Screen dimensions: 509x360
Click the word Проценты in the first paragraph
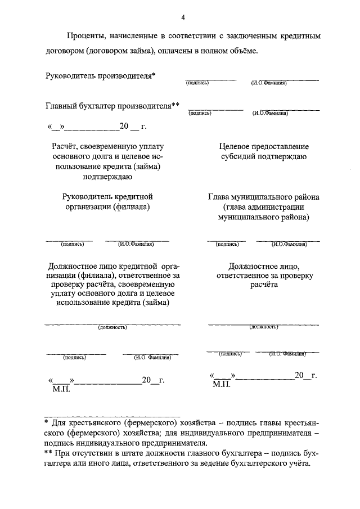(x=84, y=36)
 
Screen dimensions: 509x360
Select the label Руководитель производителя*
(x=101, y=75)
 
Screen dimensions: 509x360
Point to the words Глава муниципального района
(x=263, y=197)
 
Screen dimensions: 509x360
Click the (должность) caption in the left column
(x=112, y=327)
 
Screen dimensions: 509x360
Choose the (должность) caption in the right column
(x=264, y=326)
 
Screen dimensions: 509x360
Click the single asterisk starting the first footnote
(x=47, y=421)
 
